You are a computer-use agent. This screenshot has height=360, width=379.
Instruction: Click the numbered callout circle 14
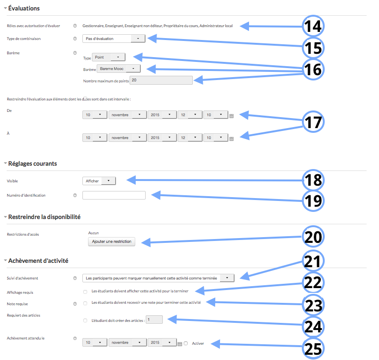(x=313, y=26)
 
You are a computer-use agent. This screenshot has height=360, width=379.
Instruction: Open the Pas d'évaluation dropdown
(x=114, y=39)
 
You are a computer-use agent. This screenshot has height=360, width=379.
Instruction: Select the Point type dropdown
(x=109, y=57)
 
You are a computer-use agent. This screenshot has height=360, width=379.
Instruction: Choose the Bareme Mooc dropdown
(x=119, y=69)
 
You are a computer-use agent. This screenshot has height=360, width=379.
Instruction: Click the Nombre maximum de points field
(x=161, y=80)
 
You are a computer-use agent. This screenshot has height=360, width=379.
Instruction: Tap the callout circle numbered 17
(x=313, y=122)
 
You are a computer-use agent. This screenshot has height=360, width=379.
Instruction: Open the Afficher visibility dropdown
(x=99, y=181)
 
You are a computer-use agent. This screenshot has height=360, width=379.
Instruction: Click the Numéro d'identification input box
(x=114, y=195)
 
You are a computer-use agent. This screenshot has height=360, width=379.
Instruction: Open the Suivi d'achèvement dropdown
(x=158, y=278)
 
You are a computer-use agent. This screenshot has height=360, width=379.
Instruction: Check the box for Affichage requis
(x=85, y=292)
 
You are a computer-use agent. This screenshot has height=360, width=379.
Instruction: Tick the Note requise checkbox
(x=85, y=303)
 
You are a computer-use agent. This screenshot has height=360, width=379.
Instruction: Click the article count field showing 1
(x=154, y=320)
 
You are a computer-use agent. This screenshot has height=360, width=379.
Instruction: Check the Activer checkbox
(x=186, y=343)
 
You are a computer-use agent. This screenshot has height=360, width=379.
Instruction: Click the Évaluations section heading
(x=24, y=8)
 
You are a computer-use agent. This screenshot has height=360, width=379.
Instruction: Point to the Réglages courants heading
(x=33, y=163)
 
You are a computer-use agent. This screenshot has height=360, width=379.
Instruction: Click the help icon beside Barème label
(x=75, y=53)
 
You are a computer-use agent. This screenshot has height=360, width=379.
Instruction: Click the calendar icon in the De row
(x=231, y=116)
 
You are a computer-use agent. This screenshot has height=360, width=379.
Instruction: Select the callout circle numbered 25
(x=313, y=349)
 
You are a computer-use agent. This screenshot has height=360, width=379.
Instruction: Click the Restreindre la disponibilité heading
(x=44, y=217)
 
